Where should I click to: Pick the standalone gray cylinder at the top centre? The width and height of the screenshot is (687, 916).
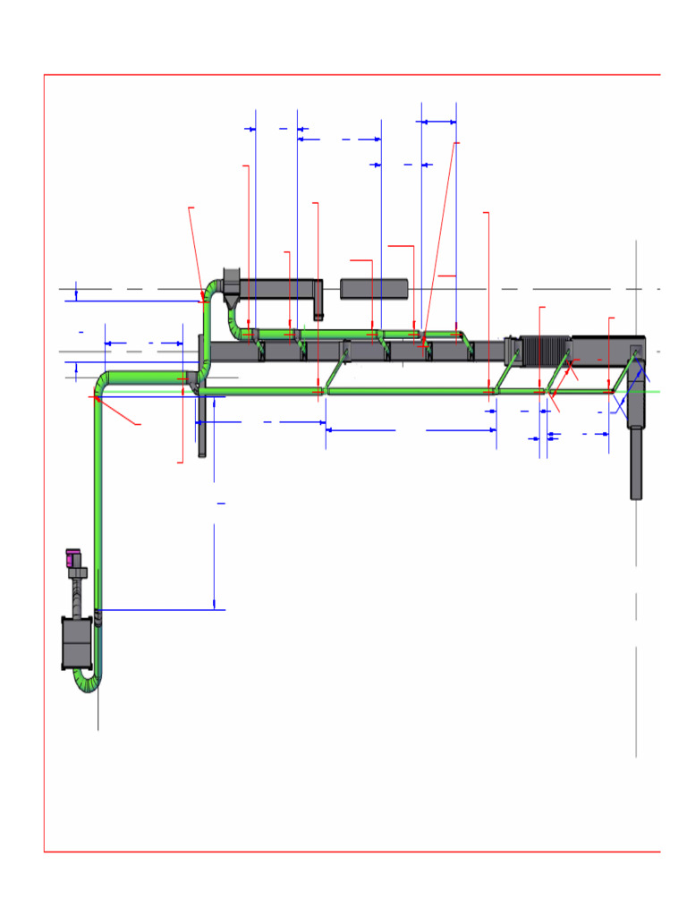point(374,289)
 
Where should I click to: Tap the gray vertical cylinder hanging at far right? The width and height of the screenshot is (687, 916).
point(636,463)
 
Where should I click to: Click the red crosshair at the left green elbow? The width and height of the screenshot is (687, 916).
point(94,397)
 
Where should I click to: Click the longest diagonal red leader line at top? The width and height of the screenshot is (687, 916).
point(439,241)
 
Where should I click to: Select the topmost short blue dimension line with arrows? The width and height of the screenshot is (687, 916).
point(438,122)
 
